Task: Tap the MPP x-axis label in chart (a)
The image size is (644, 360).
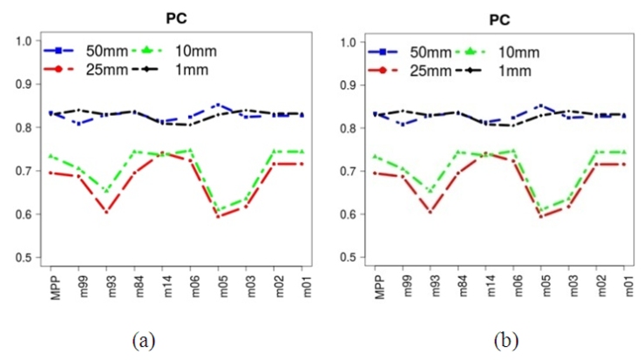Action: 51,284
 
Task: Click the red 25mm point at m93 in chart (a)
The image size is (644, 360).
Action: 107,212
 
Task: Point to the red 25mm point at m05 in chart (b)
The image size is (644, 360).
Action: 540,216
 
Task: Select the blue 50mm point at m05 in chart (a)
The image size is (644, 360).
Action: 218,105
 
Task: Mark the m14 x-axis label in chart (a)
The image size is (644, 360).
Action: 162,283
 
